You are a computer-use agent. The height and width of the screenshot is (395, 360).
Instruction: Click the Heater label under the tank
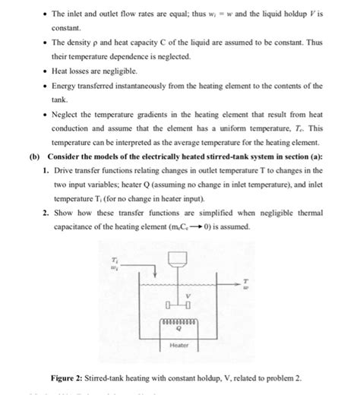coord(179,344)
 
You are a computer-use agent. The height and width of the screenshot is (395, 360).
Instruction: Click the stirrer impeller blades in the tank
coord(180,305)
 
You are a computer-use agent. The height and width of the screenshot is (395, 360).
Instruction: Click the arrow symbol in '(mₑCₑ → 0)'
coord(196,227)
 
